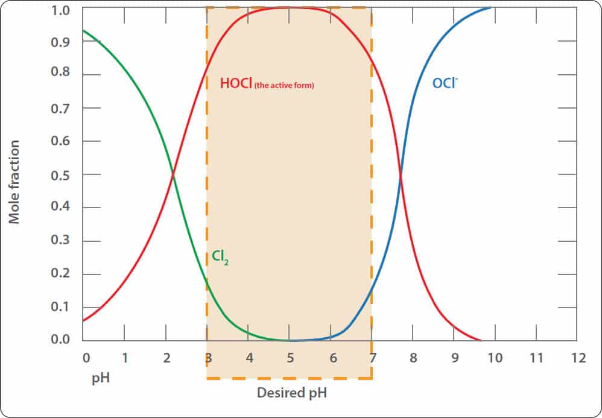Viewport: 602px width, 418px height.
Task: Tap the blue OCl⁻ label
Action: [445, 83]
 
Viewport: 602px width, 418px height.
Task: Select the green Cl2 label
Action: [220, 257]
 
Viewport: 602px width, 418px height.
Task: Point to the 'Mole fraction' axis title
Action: [14, 182]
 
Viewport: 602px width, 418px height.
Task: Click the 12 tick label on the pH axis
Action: [578, 358]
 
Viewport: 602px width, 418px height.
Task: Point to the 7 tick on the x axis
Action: [373, 358]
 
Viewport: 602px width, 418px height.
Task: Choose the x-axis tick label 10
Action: [495, 358]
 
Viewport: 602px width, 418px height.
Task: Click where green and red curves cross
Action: [173, 175]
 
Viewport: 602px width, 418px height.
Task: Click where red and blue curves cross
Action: [401, 175]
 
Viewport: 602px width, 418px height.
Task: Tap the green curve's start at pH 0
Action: [84, 31]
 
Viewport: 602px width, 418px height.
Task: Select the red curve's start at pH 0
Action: [84, 320]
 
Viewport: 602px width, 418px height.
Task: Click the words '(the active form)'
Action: [284, 86]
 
